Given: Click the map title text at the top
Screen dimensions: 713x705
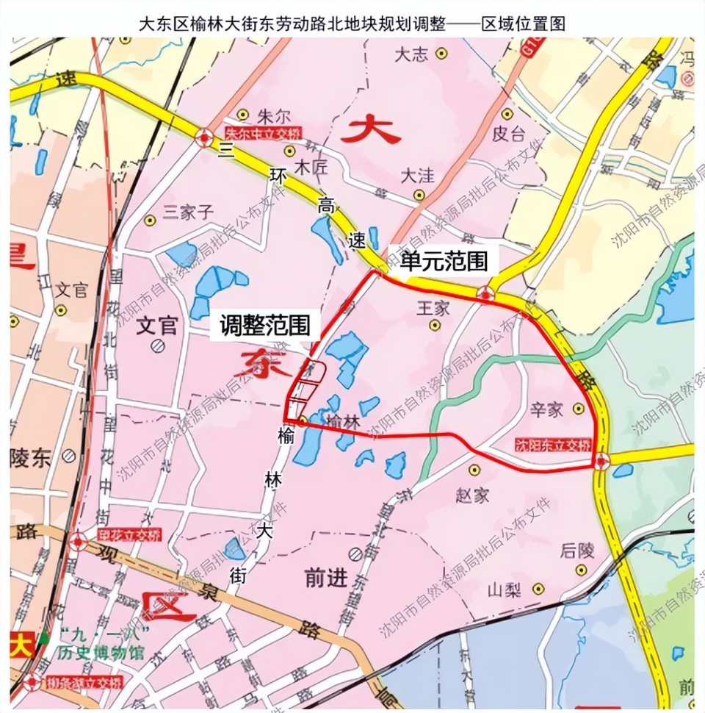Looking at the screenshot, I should coord(352,23).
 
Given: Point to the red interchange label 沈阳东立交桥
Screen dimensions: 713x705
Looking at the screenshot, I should coord(552,445).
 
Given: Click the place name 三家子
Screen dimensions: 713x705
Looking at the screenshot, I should coord(187,212).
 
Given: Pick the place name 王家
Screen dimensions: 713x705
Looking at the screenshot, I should coord(433,308).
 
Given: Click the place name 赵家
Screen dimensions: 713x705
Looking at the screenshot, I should coord(472,495).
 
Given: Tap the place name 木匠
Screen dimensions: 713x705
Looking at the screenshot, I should coord(309,168).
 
